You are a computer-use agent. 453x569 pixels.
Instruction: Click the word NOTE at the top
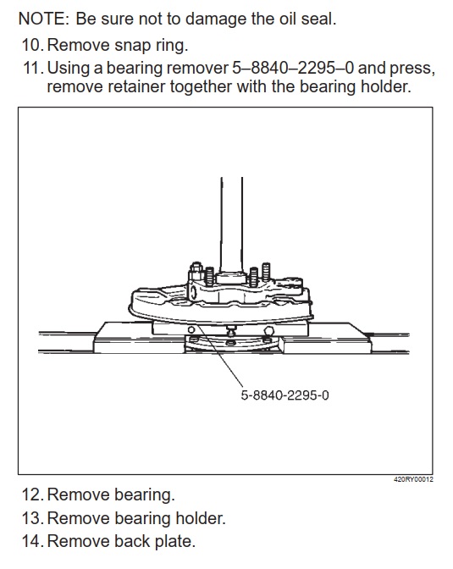(x=43, y=19)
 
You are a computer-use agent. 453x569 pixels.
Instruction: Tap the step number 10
(x=32, y=46)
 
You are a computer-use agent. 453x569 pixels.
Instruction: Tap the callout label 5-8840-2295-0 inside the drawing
(x=285, y=395)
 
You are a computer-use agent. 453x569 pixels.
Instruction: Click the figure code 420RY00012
(x=413, y=479)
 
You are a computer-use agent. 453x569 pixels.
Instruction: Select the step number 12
(x=32, y=495)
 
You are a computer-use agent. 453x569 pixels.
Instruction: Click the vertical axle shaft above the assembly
(x=232, y=225)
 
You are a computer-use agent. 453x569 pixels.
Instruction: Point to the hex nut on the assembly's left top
(x=196, y=268)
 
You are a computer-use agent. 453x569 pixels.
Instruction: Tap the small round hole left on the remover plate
(x=191, y=329)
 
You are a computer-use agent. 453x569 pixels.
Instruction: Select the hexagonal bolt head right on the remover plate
(x=269, y=331)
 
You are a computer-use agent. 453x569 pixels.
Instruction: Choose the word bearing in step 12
(x=145, y=495)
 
